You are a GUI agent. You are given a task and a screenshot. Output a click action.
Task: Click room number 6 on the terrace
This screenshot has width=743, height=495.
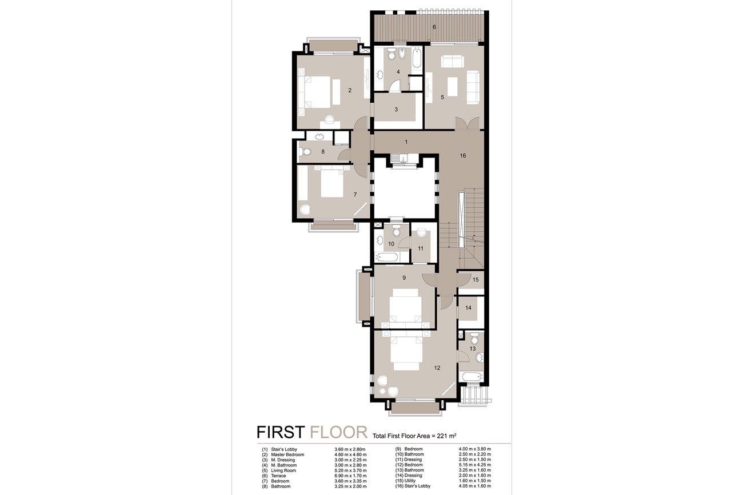click(434, 27)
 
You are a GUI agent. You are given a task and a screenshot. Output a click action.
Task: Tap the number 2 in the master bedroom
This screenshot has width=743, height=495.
click(350, 90)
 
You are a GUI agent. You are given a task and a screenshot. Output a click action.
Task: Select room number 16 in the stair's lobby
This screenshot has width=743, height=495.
click(463, 155)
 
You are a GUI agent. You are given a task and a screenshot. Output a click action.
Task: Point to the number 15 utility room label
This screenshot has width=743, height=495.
click(476, 280)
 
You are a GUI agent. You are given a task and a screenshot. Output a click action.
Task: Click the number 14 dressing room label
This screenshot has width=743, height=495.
click(468, 308)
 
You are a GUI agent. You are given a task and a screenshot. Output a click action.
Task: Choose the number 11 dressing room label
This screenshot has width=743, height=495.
click(421, 248)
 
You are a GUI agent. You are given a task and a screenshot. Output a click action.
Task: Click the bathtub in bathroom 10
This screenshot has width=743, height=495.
click(387, 257)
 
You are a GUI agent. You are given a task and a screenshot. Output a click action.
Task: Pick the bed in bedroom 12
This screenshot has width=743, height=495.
click(406, 351)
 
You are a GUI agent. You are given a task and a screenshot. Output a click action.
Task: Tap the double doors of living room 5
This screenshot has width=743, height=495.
click(467, 123)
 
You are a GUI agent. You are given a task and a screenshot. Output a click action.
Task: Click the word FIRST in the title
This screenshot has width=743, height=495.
click(281, 432)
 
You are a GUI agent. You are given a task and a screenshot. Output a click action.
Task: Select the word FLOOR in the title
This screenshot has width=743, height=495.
click(339, 432)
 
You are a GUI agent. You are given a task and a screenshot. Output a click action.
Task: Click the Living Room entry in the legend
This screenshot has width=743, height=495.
click(283, 470)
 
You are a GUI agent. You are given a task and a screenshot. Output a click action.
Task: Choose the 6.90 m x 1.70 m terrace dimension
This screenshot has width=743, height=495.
click(350, 476)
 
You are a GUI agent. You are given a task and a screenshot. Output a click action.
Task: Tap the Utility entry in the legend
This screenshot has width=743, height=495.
click(410, 481)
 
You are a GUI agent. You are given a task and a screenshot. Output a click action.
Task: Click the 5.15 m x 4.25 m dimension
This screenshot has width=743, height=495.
click(474, 465)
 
